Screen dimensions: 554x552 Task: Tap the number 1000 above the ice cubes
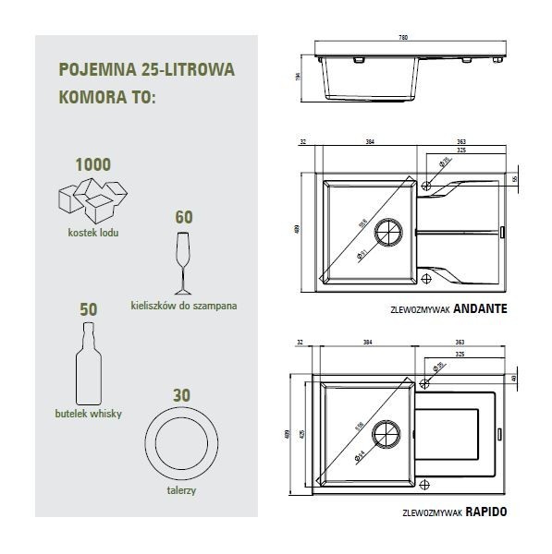pyautogui.click(x=92, y=165)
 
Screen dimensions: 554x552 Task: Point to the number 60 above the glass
pyautogui.click(x=183, y=218)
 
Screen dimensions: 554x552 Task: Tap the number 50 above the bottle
pyautogui.click(x=89, y=310)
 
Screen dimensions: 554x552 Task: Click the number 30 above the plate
pyautogui.click(x=183, y=394)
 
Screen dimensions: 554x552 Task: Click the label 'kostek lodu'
pyautogui.click(x=92, y=233)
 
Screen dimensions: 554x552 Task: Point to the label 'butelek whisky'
pyautogui.click(x=89, y=414)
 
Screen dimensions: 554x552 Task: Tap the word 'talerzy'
pyautogui.click(x=183, y=491)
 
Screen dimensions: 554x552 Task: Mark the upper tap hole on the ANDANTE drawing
pyautogui.click(x=426, y=187)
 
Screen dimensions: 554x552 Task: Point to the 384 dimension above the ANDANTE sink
pyautogui.click(x=369, y=143)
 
